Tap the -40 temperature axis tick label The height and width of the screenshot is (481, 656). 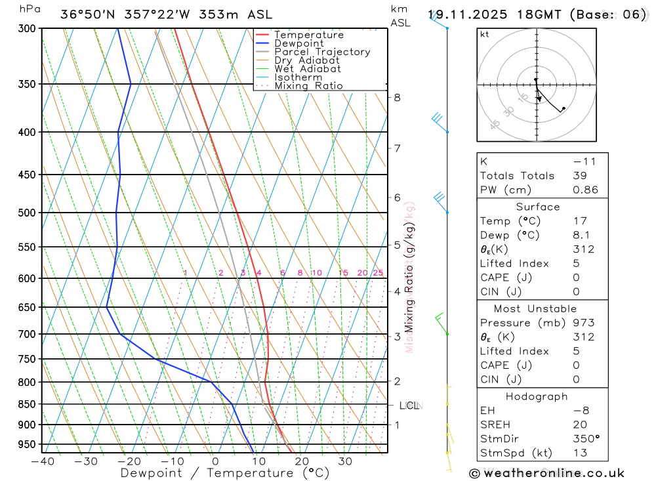click(x=42, y=461)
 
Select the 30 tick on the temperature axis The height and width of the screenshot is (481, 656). click(x=344, y=461)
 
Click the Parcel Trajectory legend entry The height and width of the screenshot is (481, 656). click(x=321, y=52)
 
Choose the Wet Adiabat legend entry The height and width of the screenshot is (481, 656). click(x=307, y=69)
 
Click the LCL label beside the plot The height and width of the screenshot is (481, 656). click(x=409, y=406)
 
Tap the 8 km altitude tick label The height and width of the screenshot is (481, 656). click(x=397, y=98)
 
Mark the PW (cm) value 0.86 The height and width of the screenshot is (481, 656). click(x=585, y=190)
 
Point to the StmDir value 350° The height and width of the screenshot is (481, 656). click(x=585, y=439)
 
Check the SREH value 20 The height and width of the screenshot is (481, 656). click(x=579, y=425)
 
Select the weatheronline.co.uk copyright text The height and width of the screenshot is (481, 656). click(x=546, y=473)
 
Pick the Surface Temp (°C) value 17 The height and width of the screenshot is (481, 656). click(x=579, y=221)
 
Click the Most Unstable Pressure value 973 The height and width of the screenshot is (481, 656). click(x=583, y=323)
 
